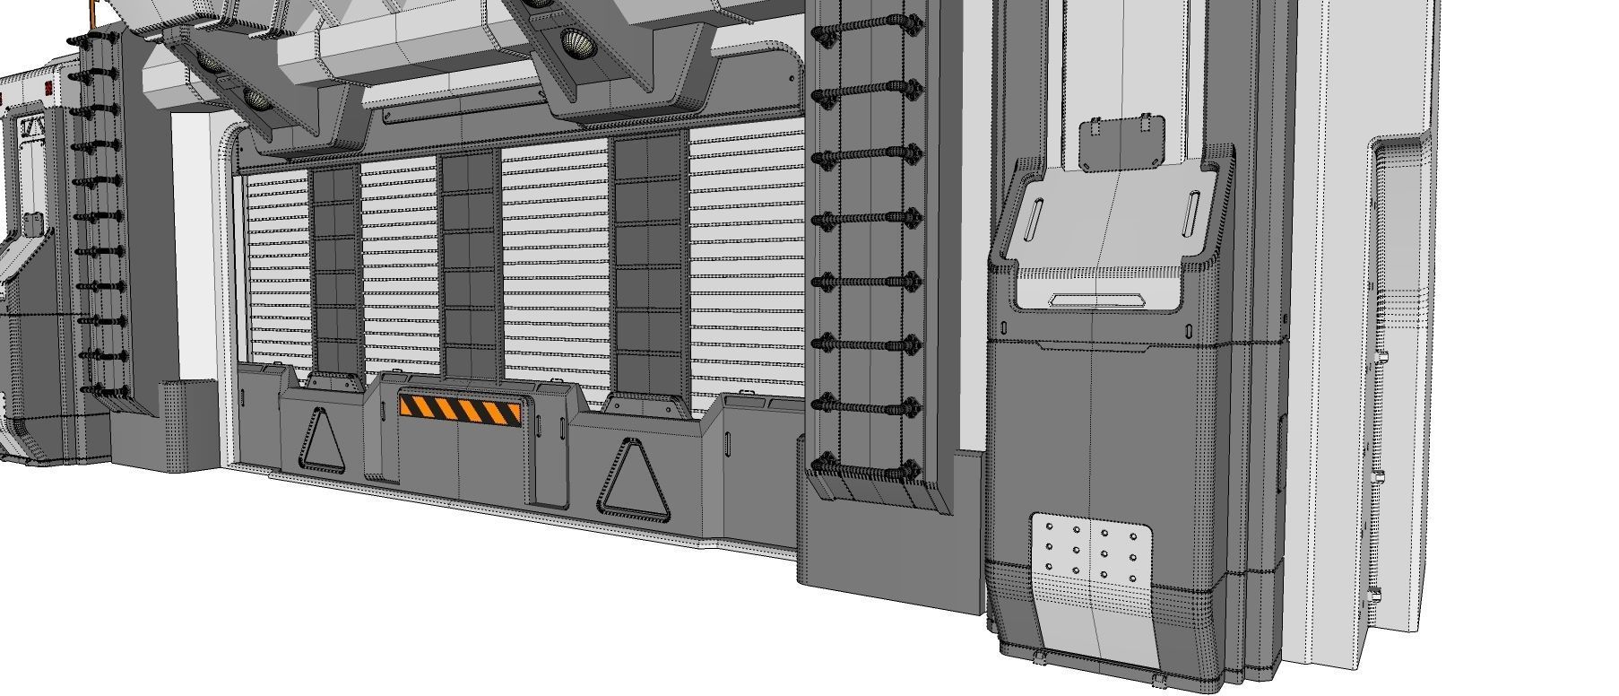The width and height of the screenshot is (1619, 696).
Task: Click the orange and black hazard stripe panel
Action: click(x=460, y=411)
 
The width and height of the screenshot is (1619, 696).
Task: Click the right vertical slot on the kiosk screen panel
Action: click(x=1193, y=213)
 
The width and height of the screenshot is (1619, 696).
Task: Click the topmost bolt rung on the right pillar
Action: click(x=867, y=33)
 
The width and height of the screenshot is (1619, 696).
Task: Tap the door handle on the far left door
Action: click(x=33, y=222)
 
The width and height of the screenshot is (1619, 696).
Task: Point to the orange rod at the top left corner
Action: click(x=91, y=11)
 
